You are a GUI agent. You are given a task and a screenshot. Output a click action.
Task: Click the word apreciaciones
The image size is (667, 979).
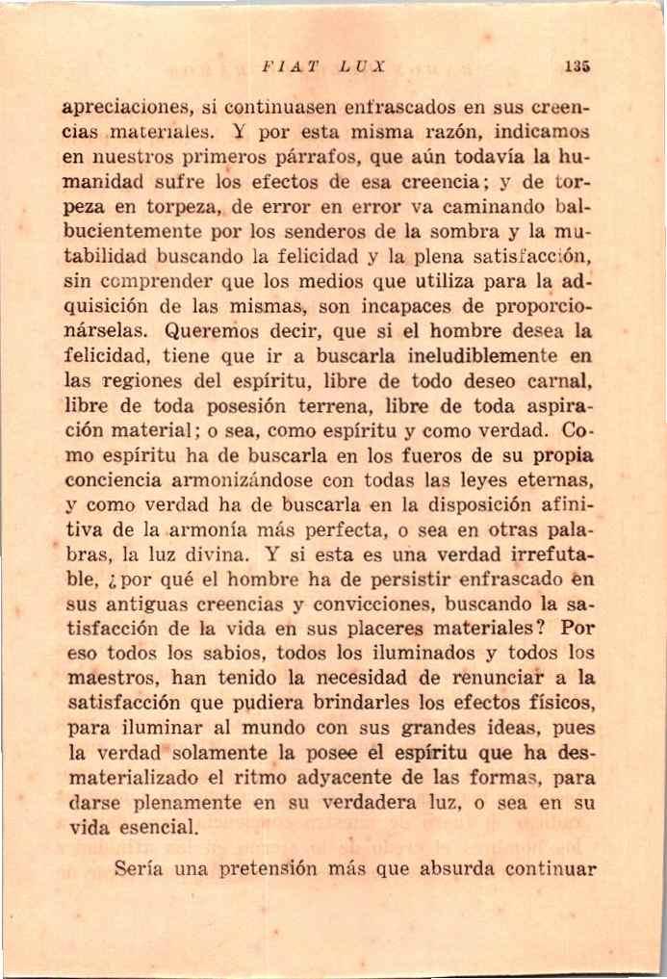coord(124,107)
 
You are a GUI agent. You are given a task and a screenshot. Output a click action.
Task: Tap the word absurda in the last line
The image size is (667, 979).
coord(465,869)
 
